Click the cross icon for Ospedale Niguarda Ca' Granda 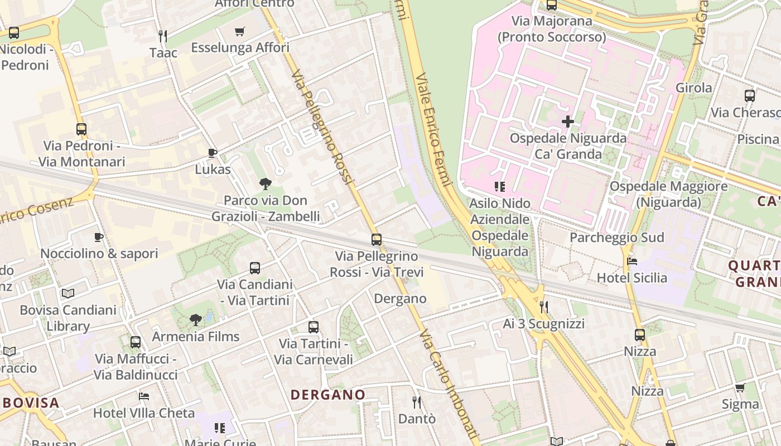(568, 121)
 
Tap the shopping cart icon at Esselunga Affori (240, 32)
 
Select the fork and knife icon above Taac (163, 36)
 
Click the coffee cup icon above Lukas (212, 153)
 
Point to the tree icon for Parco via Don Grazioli (266, 183)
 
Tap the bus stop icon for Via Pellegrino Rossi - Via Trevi (377, 240)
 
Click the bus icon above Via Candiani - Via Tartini (255, 268)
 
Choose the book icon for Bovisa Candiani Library (68, 293)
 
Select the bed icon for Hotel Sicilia (632, 261)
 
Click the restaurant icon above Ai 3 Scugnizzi (544, 307)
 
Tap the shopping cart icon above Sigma (740, 387)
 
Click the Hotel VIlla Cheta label (144, 413)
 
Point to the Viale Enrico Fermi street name (433, 130)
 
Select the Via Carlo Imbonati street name (450, 384)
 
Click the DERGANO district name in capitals (328, 395)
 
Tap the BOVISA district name (31, 403)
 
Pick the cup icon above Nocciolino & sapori (99, 237)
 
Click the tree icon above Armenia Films (195, 320)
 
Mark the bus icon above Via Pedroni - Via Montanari (81, 129)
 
